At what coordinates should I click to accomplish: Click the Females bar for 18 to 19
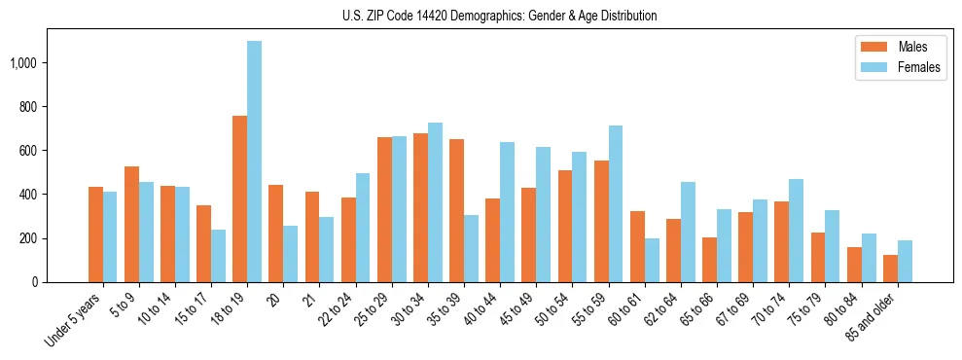click(x=254, y=162)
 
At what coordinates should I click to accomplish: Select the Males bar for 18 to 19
click(x=239, y=198)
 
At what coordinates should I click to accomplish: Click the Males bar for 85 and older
click(x=890, y=269)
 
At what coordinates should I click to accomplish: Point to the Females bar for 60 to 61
click(x=652, y=260)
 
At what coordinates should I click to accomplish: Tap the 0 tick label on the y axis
click(x=36, y=282)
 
